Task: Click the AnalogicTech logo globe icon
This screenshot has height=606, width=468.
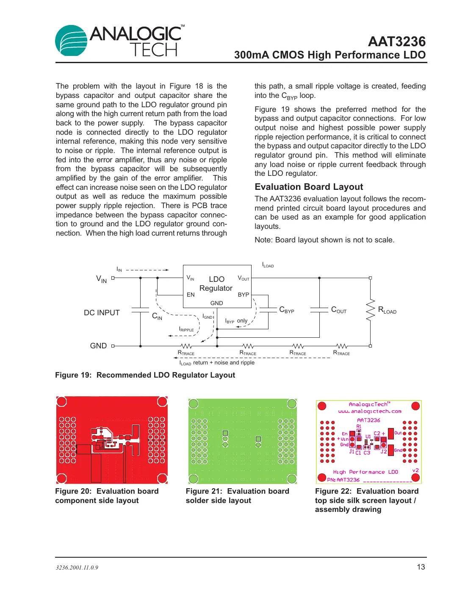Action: click(71, 41)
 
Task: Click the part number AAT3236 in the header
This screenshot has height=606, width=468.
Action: click(396, 42)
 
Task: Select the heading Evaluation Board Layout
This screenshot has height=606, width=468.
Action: click(309, 187)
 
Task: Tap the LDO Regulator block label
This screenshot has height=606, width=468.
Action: click(216, 284)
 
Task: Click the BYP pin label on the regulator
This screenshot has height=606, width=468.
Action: click(243, 295)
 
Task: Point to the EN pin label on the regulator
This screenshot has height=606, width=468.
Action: click(191, 295)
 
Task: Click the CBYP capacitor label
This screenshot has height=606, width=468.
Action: click(287, 310)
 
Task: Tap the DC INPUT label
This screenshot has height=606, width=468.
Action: click(102, 313)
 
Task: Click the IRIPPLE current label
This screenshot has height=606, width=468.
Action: click(186, 329)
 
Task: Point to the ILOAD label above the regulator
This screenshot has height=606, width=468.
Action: click(268, 265)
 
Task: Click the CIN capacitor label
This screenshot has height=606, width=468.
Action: click(157, 316)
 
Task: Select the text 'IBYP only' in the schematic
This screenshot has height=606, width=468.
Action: click(236, 321)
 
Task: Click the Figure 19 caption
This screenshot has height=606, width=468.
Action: click(145, 375)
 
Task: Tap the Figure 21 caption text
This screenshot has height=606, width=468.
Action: click(237, 496)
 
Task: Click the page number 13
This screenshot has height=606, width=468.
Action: click(421, 567)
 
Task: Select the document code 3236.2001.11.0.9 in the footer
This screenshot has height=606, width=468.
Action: click(77, 567)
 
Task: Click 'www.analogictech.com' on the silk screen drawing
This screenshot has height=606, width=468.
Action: click(369, 411)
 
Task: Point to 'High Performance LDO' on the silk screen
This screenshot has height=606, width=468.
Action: click(365, 472)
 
